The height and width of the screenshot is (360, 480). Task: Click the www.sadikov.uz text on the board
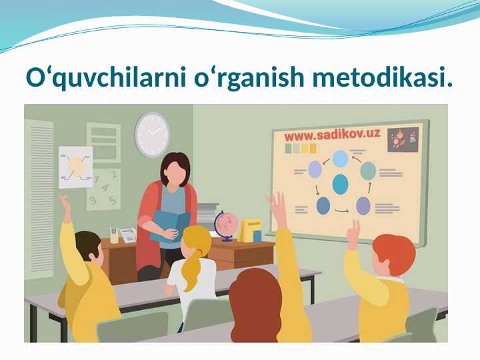coord(332,135)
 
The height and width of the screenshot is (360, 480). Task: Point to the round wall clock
coord(153,134)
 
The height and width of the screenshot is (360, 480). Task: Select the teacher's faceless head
coord(175,171)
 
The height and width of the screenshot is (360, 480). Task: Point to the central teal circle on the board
coord(340,183)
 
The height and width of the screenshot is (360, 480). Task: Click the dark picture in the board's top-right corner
coord(403,139)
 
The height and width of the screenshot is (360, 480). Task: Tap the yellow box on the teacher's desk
coord(250,230)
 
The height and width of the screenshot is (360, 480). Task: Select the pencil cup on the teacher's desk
coord(114,235)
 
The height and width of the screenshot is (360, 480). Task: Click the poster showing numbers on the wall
coord(104,189)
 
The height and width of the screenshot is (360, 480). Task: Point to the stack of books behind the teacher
coord(207,216)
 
